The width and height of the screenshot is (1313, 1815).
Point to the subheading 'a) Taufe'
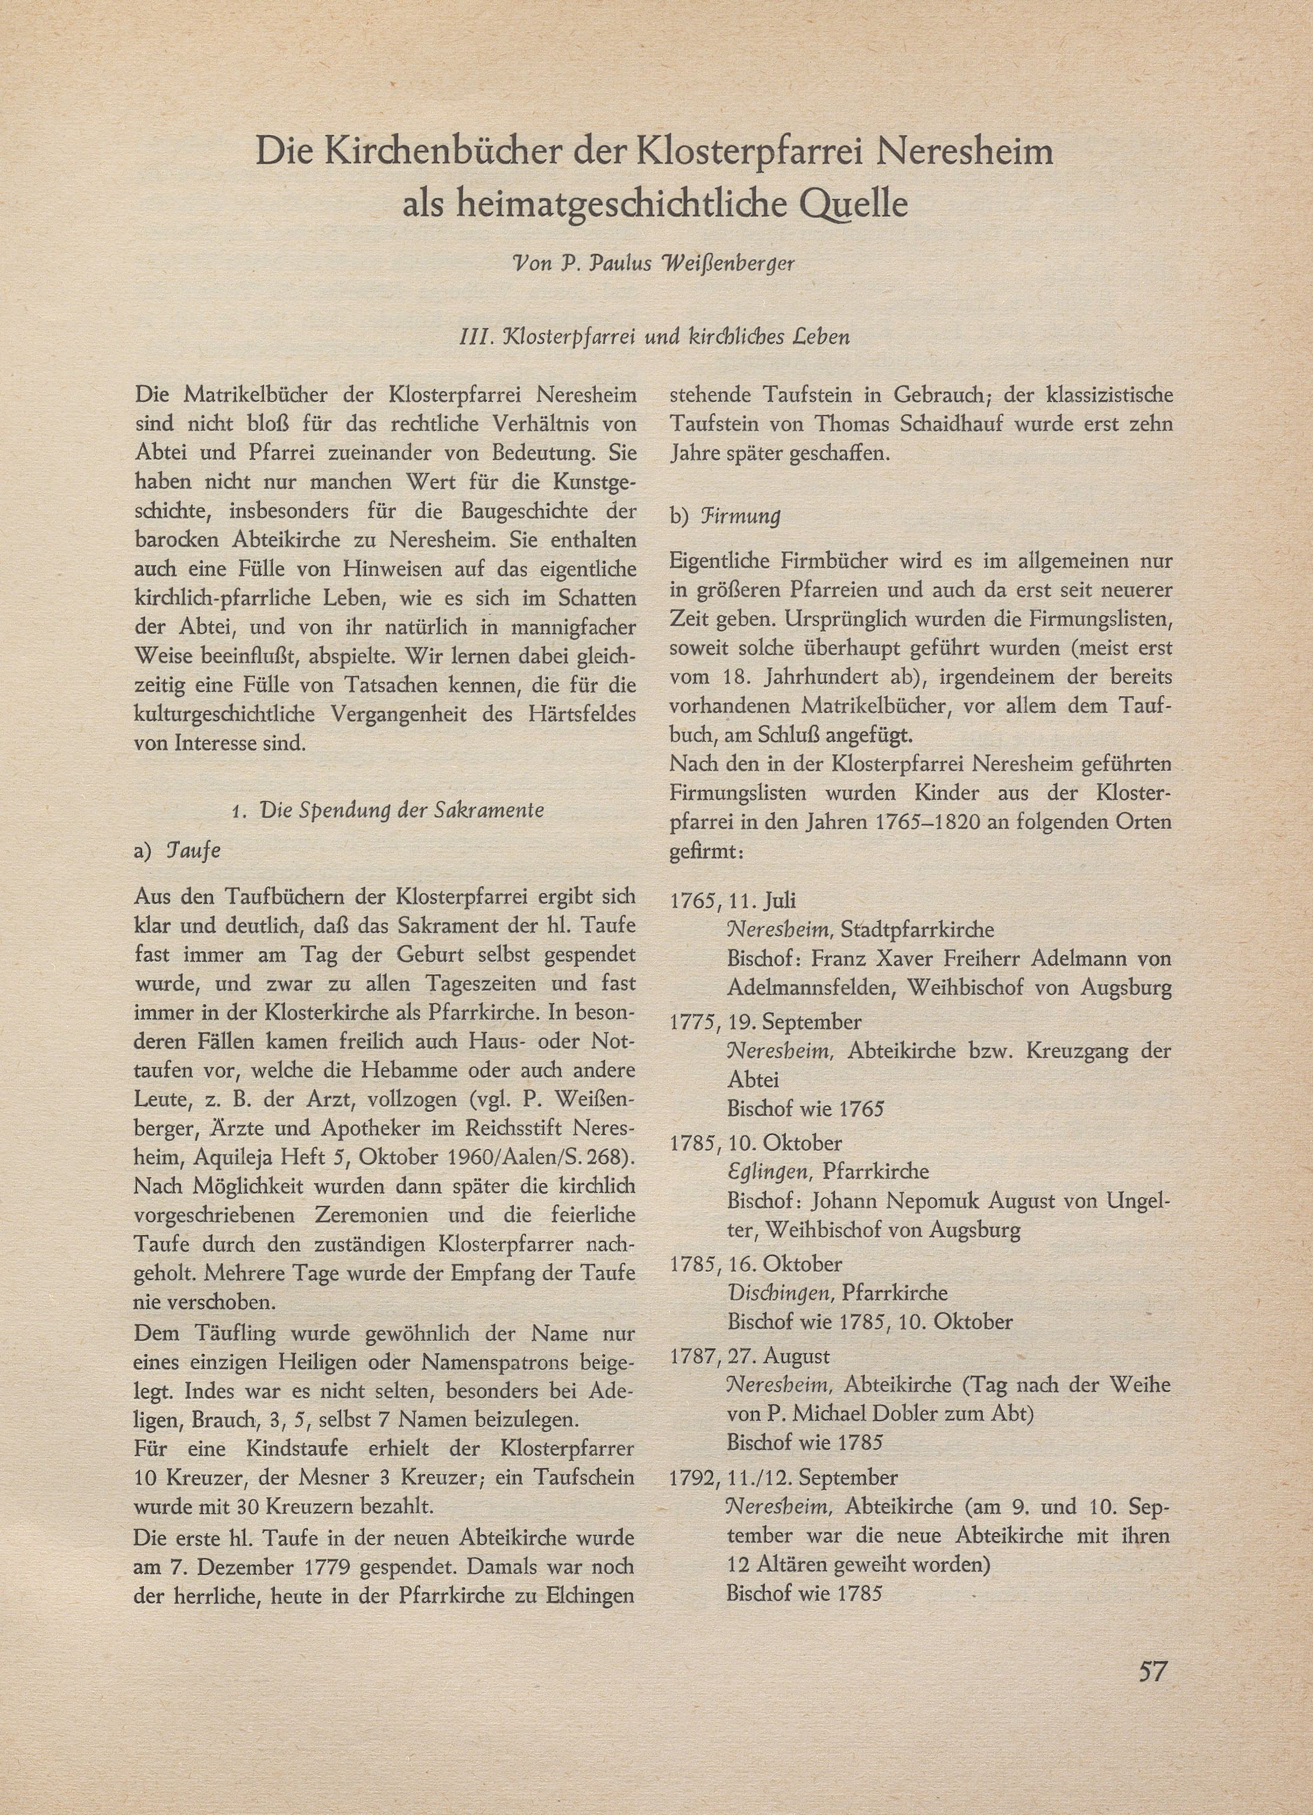click(x=177, y=850)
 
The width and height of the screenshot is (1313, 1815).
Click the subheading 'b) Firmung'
click(x=725, y=515)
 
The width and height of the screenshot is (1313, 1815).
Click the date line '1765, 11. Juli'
click(x=733, y=900)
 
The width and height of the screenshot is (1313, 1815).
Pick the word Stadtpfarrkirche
click(x=918, y=930)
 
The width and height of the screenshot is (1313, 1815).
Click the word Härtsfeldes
click(x=579, y=714)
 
